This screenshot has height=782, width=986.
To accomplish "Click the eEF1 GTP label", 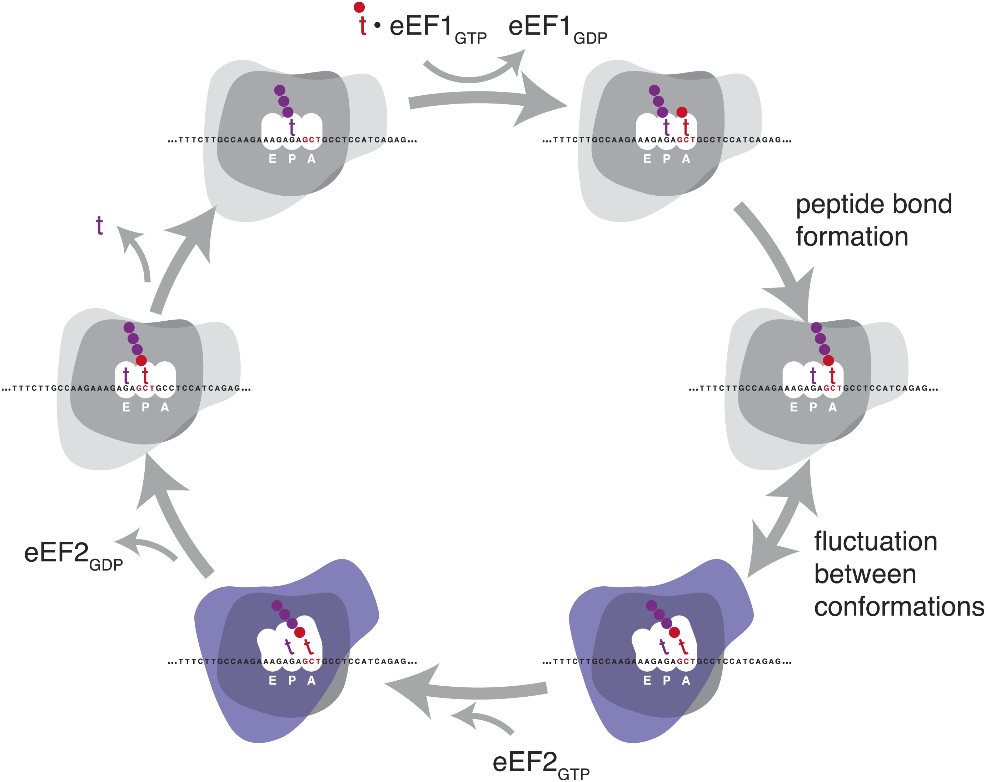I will [x=437, y=28].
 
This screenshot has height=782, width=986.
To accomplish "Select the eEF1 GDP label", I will [x=557, y=28].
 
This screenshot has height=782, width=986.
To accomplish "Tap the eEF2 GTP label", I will [x=540, y=764].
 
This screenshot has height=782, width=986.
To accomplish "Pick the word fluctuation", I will [x=875, y=542].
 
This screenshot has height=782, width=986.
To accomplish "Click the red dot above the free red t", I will [x=359, y=7].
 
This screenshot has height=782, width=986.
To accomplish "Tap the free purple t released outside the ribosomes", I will [x=99, y=225].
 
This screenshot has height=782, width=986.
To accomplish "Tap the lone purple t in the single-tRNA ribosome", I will [x=292, y=127].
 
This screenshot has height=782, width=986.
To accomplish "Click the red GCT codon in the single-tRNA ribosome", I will [x=312, y=140].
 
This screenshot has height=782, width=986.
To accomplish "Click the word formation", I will [x=852, y=237].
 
